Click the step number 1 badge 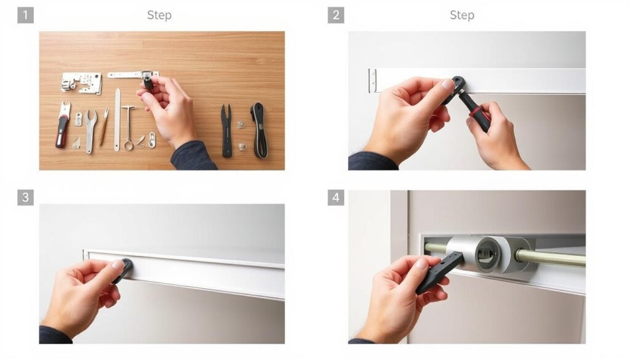coord(25,15)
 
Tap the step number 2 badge coord(335,15)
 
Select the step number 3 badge coord(25,198)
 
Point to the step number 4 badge coord(335,198)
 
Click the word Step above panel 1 coord(159,15)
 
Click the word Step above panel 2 coord(461,15)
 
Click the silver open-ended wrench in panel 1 coord(90,129)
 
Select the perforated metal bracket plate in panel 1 coord(82,82)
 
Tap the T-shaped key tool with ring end coord(128,126)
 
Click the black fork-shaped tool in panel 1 coord(227,129)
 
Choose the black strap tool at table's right coord(259,129)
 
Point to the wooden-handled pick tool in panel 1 coord(104,127)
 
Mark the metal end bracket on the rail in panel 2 coord(372,81)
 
